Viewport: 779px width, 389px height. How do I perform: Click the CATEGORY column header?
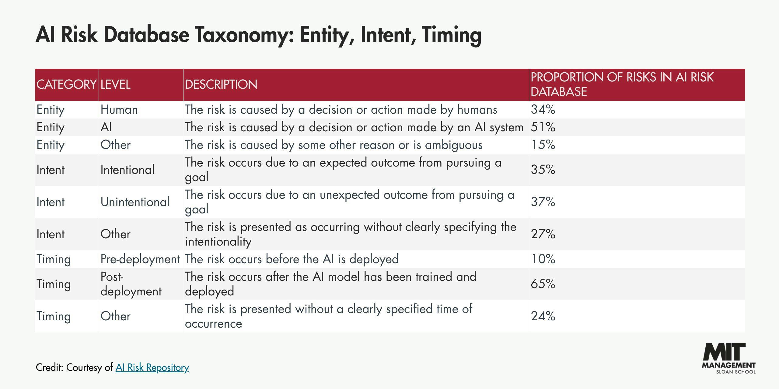pos(66,84)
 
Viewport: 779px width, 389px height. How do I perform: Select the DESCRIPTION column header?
pos(221,84)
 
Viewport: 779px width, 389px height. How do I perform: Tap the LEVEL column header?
pos(115,84)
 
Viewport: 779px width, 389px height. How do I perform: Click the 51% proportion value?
pos(543,127)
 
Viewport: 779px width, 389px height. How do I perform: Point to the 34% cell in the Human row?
pos(543,109)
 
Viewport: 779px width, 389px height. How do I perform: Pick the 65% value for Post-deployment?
pos(543,284)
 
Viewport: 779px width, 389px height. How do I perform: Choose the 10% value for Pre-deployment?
pos(543,259)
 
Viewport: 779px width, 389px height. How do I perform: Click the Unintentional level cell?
pos(135,202)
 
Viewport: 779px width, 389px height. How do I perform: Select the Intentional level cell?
pos(127,170)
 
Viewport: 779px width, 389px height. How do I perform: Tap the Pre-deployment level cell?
pos(140,259)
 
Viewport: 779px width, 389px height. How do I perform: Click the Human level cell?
pos(119,109)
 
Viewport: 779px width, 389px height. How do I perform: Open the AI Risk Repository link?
pos(152,367)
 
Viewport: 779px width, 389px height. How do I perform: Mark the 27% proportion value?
pos(543,234)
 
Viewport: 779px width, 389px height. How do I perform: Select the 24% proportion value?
pos(543,316)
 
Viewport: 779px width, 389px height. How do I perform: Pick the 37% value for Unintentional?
pos(543,202)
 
